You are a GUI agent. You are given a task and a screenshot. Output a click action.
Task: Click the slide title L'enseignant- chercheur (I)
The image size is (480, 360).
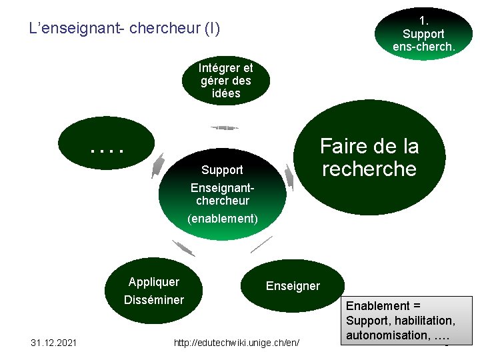click(x=125, y=29)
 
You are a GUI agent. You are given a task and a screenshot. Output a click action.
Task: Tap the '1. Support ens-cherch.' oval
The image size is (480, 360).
click(x=423, y=31)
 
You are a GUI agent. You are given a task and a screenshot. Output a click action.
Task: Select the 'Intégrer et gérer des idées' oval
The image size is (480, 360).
click(x=225, y=81)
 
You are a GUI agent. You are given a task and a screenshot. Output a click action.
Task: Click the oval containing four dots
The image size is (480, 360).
click(x=107, y=143)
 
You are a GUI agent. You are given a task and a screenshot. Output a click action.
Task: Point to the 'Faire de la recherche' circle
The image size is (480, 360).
click(x=369, y=157)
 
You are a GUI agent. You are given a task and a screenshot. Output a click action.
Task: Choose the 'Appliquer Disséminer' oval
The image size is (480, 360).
click(x=154, y=291)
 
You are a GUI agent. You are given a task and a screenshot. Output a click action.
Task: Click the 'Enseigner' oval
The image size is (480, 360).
click(x=293, y=286)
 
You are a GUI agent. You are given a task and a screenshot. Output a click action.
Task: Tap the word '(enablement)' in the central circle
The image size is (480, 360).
click(x=222, y=218)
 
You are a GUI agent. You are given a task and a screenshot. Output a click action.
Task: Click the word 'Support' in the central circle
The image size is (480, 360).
click(x=222, y=170)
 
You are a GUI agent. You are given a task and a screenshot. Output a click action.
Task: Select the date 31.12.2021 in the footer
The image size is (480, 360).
click(x=54, y=343)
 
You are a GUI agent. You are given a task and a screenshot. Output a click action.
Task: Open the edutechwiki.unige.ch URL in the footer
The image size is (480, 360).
click(x=236, y=343)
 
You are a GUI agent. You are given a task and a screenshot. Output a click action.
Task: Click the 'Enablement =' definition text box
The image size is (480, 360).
click(x=408, y=321)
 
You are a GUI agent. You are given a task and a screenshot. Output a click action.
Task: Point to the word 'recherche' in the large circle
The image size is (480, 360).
click(x=369, y=169)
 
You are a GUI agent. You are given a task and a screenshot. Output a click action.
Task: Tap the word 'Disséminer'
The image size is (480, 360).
click(x=154, y=299)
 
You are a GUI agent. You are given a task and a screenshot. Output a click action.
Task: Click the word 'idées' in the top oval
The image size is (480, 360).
click(x=225, y=93)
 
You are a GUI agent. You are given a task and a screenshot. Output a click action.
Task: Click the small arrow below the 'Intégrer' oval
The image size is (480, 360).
click(x=224, y=127)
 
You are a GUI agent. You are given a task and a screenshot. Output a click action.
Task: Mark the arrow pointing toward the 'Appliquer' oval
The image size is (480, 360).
click(x=183, y=248)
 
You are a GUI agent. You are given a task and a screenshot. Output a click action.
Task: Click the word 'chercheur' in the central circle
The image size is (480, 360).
click(x=222, y=201)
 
